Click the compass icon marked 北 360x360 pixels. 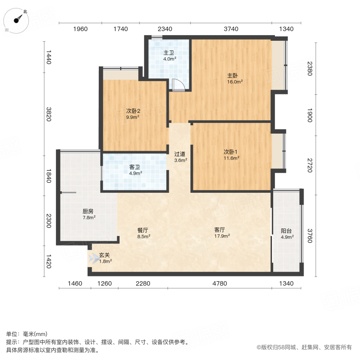pyautogui.click(x=17, y=20)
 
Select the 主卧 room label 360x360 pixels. pyautogui.click(x=233, y=76)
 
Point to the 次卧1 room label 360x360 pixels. pyautogui.click(x=231, y=152)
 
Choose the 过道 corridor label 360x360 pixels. pyautogui.click(x=180, y=154)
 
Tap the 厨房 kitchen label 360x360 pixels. pyautogui.click(x=88, y=211)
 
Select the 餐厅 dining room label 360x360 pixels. pyautogui.click(x=143, y=230)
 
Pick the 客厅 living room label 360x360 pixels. pyautogui.click(x=220, y=230)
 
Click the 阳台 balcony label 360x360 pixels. pyautogui.click(x=286, y=231)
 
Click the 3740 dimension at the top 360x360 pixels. pyautogui.click(x=231, y=29)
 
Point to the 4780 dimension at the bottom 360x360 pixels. pyautogui.click(x=220, y=284)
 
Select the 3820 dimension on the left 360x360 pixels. pyautogui.click(x=49, y=114)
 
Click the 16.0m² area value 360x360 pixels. pyautogui.click(x=235, y=82)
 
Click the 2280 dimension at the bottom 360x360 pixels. pyautogui.click(x=143, y=284)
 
